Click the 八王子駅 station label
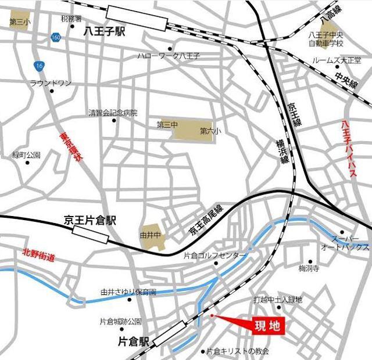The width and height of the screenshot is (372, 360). [x=105, y=33]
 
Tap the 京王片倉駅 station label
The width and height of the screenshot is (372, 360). [x=90, y=221]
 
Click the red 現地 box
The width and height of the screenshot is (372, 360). [x=267, y=326]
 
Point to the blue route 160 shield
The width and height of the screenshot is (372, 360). [x=56, y=37]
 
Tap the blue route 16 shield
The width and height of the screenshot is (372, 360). [x=39, y=64]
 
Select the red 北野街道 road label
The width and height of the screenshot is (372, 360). [x=38, y=254]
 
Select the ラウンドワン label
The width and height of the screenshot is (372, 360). [x=51, y=83]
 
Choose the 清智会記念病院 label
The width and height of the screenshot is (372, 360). [x=113, y=112]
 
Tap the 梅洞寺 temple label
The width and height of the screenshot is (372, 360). [x=309, y=268]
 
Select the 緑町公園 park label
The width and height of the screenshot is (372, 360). [x=26, y=155]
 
